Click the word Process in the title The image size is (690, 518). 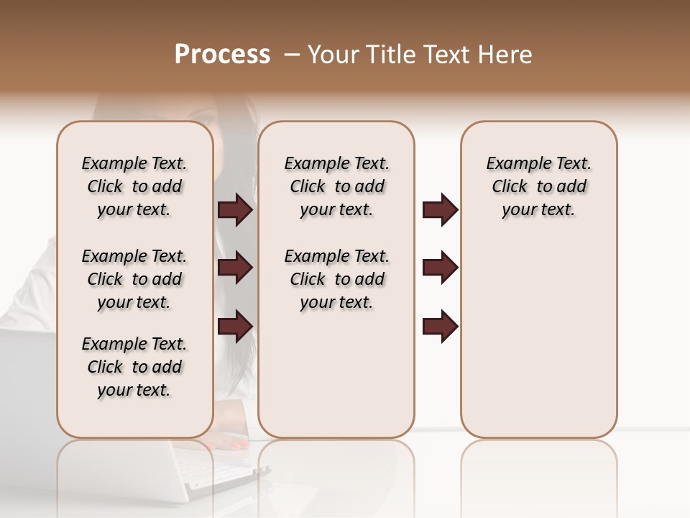click(222, 55)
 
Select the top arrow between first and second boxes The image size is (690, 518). click(235, 210)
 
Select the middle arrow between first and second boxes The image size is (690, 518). click(235, 268)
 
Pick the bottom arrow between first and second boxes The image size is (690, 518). click(235, 326)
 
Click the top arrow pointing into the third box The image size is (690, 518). click(440, 210)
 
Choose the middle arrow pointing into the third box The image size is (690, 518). click(440, 268)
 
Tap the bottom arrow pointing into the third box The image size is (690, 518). click(440, 326)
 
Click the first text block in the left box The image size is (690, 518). click(134, 186)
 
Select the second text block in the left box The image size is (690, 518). click(134, 279)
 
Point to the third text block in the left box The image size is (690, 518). click(134, 367)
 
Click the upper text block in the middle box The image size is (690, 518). click(336, 186)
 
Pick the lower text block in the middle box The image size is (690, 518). click(336, 279)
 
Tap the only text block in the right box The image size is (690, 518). click(538, 186)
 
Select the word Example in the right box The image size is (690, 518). click(512, 163)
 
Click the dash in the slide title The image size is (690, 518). click(291, 55)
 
